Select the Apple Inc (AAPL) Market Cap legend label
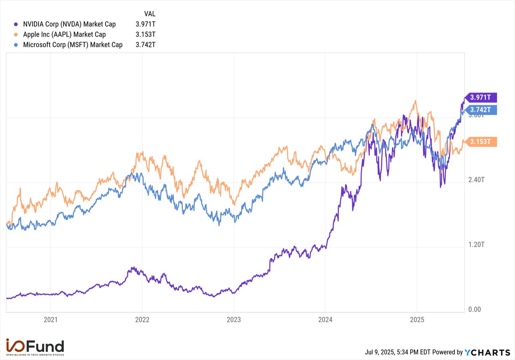(x=64, y=34)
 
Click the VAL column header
(x=149, y=14)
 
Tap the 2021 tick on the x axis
(x=51, y=320)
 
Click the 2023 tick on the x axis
(x=233, y=320)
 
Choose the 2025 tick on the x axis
(x=417, y=320)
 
